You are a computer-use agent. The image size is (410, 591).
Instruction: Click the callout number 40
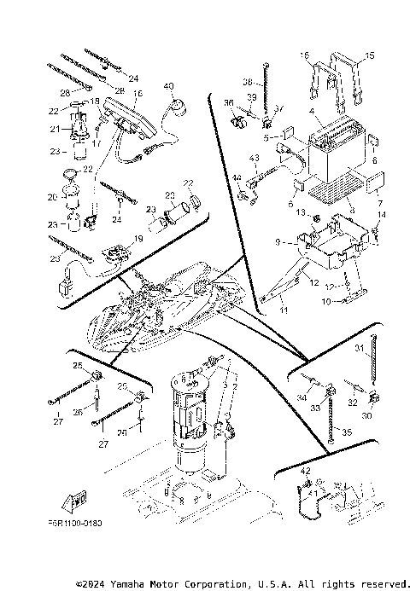(x=168, y=86)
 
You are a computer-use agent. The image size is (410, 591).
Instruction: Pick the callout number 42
(x=306, y=470)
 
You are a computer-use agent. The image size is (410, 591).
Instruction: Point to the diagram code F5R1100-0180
(x=74, y=524)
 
